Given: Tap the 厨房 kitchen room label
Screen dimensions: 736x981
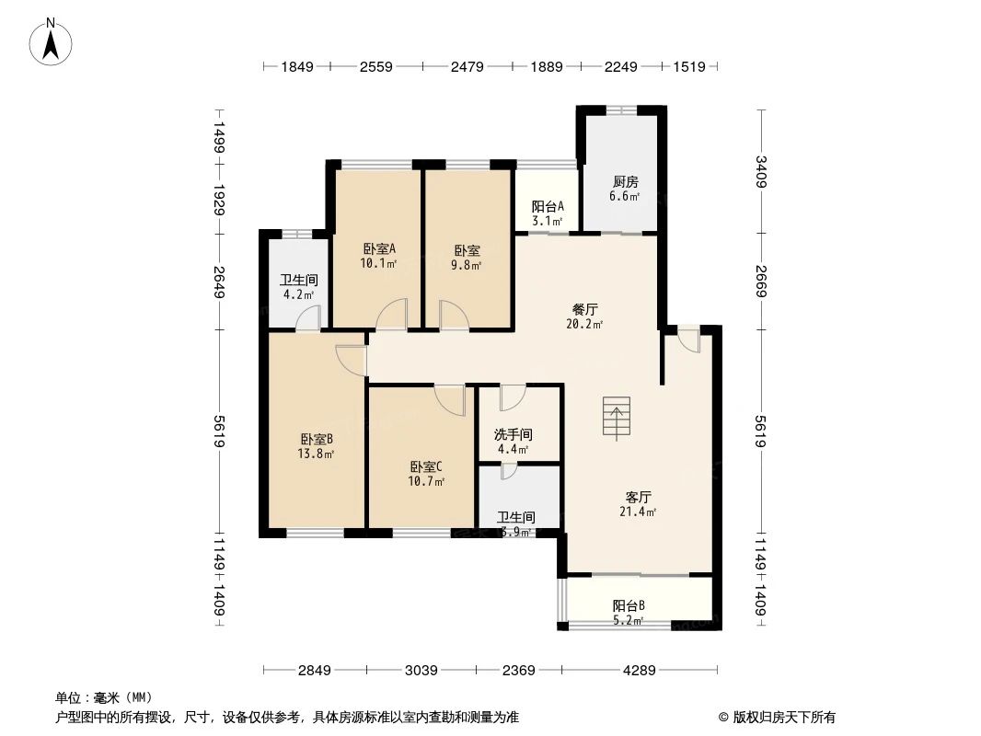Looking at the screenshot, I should pyautogui.click(x=624, y=182).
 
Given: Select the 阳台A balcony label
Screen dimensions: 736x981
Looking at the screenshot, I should pyautogui.click(x=548, y=207).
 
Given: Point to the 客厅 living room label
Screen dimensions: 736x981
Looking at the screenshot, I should pyautogui.click(x=638, y=497).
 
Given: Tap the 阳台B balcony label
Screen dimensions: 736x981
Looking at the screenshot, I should pyautogui.click(x=629, y=605).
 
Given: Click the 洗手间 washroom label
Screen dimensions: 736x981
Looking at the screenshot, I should pyautogui.click(x=513, y=434).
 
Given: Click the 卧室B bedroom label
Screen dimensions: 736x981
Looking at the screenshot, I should pyautogui.click(x=316, y=439).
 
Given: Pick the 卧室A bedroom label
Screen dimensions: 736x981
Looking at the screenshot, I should pyautogui.click(x=378, y=248).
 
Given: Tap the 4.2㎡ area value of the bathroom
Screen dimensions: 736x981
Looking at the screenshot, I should pyautogui.click(x=298, y=295).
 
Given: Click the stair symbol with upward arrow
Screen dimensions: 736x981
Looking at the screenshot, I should pyautogui.click(x=617, y=418).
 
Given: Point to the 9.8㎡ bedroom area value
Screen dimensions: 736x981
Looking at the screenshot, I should pyautogui.click(x=467, y=264).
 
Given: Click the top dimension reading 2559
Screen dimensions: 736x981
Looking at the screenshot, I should pyautogui.click(x=376, y=66).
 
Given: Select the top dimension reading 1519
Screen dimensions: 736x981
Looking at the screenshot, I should pyautogui.click(x=689, y=66).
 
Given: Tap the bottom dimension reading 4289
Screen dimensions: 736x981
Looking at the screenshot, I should pyautogui.click(x=638, y=671).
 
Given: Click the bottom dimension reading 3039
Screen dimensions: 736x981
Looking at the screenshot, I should pyautogui.click(x=421, y=671).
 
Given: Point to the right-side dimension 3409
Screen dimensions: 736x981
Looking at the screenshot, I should pyautogui.click(x=761, y=172).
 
